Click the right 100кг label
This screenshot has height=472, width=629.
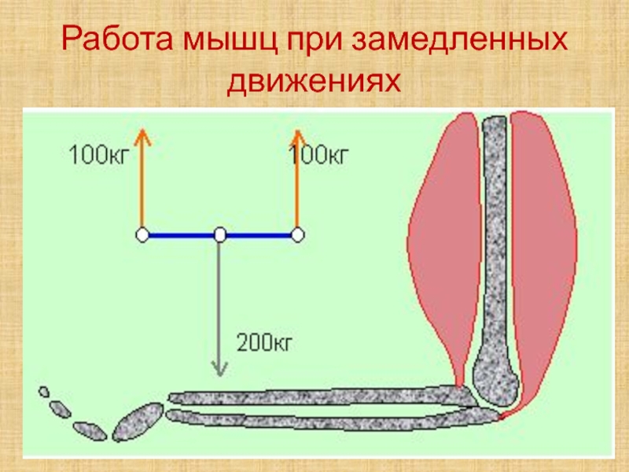318,154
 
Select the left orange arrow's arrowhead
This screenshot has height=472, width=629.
142,135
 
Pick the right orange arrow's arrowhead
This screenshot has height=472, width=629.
297,135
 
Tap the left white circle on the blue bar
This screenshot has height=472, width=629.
142,234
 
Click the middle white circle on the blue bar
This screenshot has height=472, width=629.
220,234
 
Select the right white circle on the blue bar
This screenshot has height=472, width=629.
297,234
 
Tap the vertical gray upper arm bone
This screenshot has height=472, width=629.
495,236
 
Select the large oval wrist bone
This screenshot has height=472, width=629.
138,421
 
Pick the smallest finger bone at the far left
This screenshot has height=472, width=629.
44,391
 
